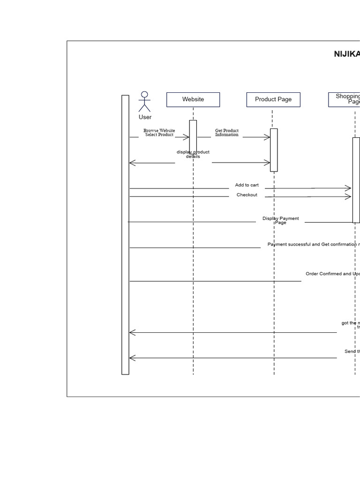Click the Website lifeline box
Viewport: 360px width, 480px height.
[193, 99]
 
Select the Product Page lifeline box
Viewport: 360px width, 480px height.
[273, 99]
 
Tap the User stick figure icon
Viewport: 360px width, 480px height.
[144, 102]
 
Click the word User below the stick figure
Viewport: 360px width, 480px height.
[145, 117]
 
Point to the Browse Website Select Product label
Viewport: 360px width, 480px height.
[159, 133]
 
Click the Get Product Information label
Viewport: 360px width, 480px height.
[227, 133]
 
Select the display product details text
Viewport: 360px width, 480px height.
[193, 154]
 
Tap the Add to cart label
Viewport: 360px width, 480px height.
[247, 185]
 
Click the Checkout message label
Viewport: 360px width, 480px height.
[247, 195]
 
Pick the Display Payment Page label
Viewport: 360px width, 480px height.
[280, 220]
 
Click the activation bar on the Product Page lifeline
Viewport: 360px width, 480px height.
[274, 150]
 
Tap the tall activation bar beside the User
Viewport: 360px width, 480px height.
[125, 234]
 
